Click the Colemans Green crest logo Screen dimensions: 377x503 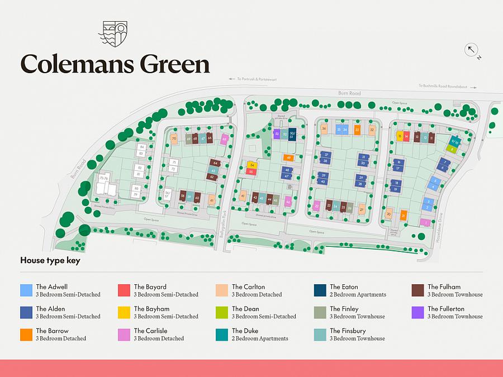pyautogui.click(x=112, y=34)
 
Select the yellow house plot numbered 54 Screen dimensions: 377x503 pyautogui.click(x=252, y=165)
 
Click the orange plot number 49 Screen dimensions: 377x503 pyautogui.click(x=288, y=158)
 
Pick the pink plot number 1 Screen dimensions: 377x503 pyautogui.click(x=425, y=222)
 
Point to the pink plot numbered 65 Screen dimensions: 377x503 pyautogui.click(x=224, y=139)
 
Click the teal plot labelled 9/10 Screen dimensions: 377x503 pyautogui.click(x=454, y=141)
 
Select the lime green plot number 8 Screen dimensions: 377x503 pyautogui.click(x=452, y=149)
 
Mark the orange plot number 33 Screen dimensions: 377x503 pyautogui.click(x=357, y=130)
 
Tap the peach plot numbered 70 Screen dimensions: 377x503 pyautogui.click(x=174, y=139)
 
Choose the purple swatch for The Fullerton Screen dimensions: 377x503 pyautogui.click(x=418, y=312)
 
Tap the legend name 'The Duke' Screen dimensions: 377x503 pyautogui.click(x=245, y=331)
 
